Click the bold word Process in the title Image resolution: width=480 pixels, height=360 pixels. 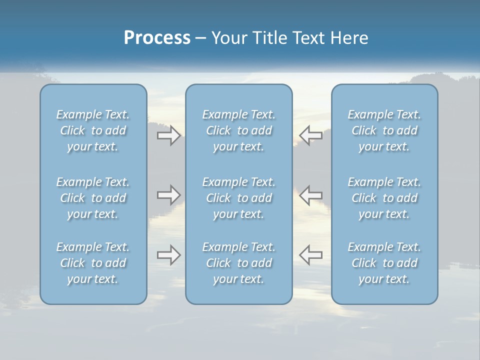click(157, 38)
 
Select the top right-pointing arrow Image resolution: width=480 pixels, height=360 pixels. click(169, 135)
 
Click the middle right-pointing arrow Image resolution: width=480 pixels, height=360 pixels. click(169, 195)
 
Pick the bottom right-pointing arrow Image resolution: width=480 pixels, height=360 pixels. click(169, 255)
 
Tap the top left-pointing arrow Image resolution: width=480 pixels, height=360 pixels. click(310, 135)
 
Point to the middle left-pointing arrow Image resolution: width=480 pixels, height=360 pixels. click(310, 195)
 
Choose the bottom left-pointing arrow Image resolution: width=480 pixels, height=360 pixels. click(310, 255)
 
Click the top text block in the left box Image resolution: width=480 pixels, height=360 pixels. click(93, 130)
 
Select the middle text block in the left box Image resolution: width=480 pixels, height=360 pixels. click(93, 198)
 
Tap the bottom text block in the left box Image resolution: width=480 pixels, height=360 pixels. click(93, 263)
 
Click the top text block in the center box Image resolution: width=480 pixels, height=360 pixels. click(238, 130)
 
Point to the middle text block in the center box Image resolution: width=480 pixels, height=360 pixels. click(238, 198)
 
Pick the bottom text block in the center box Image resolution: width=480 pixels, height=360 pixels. click(238, 263)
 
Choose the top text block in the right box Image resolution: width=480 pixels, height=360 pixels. click(384, 130)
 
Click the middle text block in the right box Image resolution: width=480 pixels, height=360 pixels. click(384, 198)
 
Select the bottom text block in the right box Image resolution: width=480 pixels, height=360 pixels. click(384, 263)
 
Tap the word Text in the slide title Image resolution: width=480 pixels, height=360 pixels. click(311, 38)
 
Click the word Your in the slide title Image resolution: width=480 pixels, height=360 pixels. click(228, 38)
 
